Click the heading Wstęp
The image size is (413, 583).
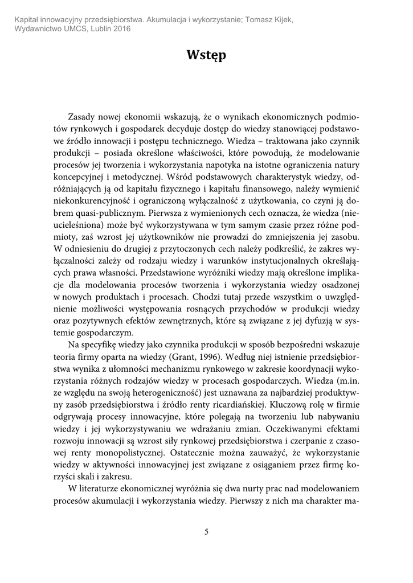pos(206,55)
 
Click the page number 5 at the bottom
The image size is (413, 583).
pos(206,532)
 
